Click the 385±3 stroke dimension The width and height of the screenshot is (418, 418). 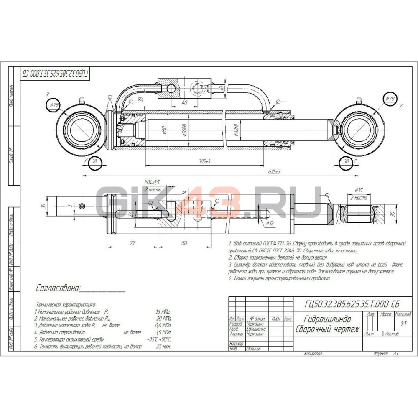click(x=204, y=161)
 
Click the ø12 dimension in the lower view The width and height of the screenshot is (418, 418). click(x=270, y=224)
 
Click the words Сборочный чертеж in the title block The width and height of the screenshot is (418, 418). click(x=327, y=329)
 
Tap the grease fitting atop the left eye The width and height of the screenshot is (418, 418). click(x=81, y=100)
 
